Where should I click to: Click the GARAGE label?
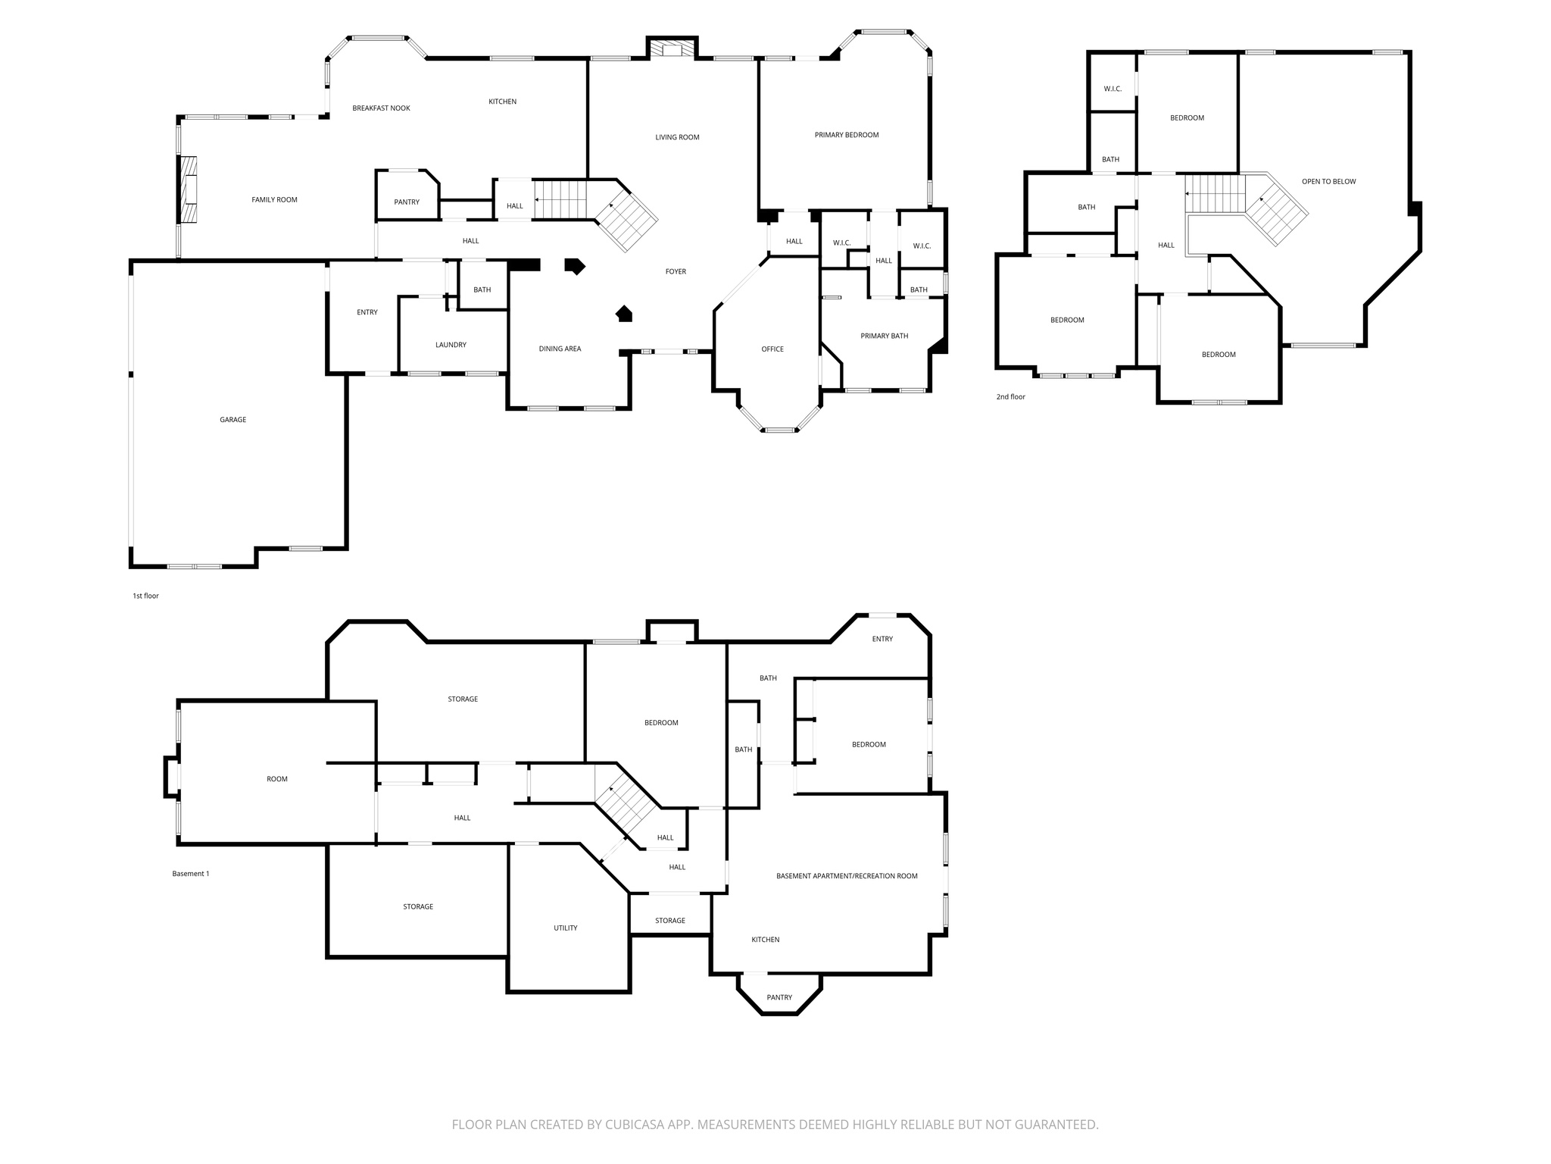click(233, 420)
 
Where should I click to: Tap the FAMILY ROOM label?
click(274, 200)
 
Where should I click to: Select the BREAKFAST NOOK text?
click(381, 108)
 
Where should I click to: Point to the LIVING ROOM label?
click(677, 137)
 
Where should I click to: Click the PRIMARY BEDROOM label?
click(847, 135)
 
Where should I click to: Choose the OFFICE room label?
click(772, 349)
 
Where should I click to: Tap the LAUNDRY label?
click(451, 345)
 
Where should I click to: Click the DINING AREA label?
click(560, 349)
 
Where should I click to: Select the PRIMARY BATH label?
click(885, 336)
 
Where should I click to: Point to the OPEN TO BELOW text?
click(1328, 182)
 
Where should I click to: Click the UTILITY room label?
click(566, 928)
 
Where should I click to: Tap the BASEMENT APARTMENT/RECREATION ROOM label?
click(847, 876)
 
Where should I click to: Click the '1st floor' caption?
click(145, 596)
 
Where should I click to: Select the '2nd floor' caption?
click(1010, 397)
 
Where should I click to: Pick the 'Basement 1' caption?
click(190, 874)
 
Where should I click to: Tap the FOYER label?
click(676, 271)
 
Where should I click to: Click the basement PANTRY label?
click(779, 997)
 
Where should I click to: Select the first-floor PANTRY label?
click(407, 202)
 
